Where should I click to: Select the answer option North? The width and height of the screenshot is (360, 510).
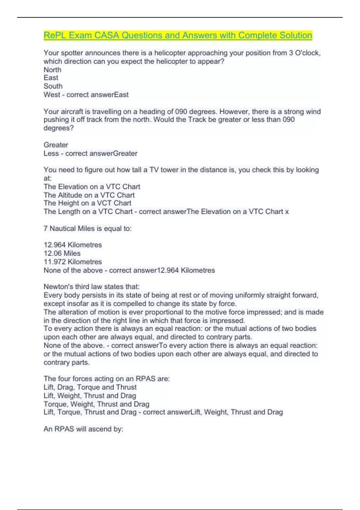coord(52,70)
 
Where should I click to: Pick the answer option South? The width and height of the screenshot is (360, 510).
coord(53,86)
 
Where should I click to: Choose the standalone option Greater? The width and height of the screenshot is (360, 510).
coord(56,145)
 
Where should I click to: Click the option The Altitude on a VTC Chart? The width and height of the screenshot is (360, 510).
coord(89,195)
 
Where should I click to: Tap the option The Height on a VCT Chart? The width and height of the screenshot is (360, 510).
coord(87,203)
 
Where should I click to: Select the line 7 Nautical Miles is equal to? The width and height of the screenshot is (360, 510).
coord(88,229)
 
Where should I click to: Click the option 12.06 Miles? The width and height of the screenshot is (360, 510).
coord(62,253)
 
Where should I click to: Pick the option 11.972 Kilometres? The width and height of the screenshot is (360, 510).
coord(73,262)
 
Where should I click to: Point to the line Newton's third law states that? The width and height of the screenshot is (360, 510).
coord(91,286)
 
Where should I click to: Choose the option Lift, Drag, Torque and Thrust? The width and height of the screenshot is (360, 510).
coord(90,387)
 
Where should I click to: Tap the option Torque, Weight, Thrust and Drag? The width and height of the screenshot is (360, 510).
coord(96,404)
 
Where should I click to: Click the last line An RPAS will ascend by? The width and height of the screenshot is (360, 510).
coord(83,429)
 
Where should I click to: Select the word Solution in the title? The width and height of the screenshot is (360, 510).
coord(296,35)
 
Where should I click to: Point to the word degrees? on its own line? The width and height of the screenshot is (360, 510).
coord(58,128)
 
